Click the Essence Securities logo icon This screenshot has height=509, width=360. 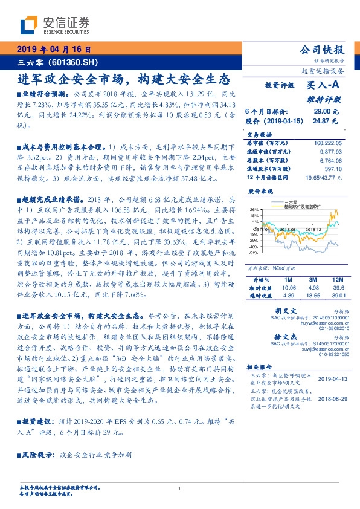(x=28, y=25)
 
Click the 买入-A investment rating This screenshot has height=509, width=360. (x=324, y=86)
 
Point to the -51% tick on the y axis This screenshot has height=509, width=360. (x=254, y=253)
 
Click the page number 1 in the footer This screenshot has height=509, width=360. (x=180, y=488)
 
